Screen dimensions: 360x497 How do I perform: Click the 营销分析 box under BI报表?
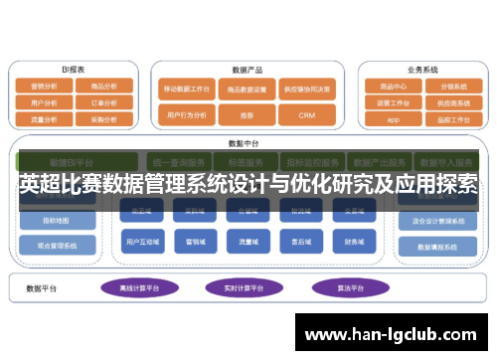(x=45, y=87)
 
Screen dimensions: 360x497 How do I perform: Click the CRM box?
(x=305, y=116)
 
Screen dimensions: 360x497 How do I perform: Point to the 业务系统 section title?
(x=422, y=71)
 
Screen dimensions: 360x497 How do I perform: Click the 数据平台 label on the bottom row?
(x=43, y=288)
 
